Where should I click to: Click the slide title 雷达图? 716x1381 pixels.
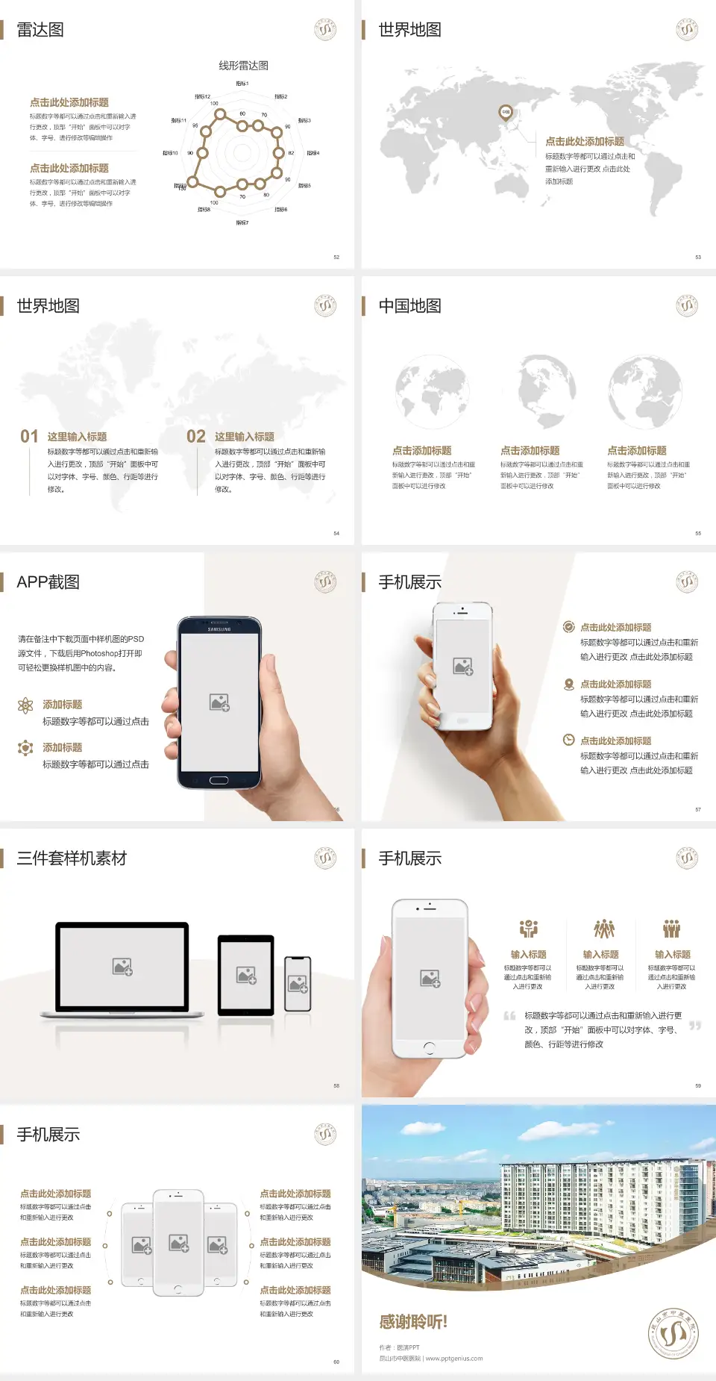pyautogui.click(x=40, y=30)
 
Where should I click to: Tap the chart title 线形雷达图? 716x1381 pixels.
pyautogui.click(x=243, y=66)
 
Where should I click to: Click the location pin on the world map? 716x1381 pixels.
pyautogui.click(x=506, y=113)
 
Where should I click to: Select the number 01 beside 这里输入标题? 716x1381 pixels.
pyautogui.click(x=29, y=437)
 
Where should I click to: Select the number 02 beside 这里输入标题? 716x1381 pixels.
pyautogui.click(x=196, y=437)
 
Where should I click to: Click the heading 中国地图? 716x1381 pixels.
pyautogui.click(x=409, y=306)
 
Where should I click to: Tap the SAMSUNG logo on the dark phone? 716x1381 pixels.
pyautogui.click(x=219, y=629)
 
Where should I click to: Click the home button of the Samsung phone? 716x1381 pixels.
pyautogui.click(x=219, y=780)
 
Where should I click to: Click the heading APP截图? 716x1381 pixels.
pyautogui.click(x=48, y=582)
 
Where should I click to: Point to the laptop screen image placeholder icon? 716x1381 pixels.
pyautogui.click(x=122, y=967)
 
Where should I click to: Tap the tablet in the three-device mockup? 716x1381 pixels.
pyautogui.click(x=246, y=975)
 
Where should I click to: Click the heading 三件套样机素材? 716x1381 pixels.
pyautogui.click(x=72, y=858)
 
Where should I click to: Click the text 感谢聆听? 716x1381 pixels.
pyautogui.click(x=413, y=1322)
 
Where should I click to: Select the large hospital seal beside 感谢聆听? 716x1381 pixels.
pyautogui.click(x=673, y=1333)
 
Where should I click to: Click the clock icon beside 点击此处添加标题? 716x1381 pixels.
pyautogui.click(x=568, y=740)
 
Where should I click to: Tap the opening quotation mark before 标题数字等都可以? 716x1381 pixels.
pyautogui.click(x=509, y=1016)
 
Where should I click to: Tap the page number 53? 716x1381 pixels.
pyautogui.click(x=698, y=257)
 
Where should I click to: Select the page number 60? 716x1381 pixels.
pyautogui.click(x=336, y=1362)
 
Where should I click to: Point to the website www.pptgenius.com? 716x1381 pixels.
pyautogui.click(x=454, y=1359)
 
